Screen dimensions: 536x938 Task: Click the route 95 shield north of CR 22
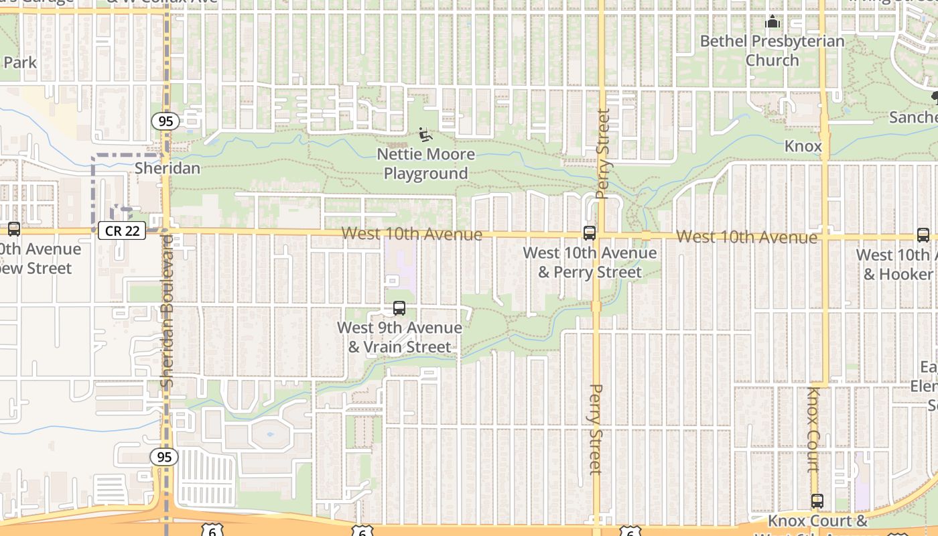click(164, 121)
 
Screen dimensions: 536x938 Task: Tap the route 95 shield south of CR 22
click(164, 457)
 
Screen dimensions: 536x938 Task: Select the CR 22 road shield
click(122, 230)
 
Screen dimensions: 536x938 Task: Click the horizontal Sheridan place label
click(167, 167)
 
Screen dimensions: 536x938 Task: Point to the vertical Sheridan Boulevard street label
click(167, 310)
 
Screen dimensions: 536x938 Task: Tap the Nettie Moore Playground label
click(425, 164)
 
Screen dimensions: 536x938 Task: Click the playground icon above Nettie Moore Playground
click(425, 135)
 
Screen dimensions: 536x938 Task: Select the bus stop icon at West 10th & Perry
click(590, 233)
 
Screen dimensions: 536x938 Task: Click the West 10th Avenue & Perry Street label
click(590, 263)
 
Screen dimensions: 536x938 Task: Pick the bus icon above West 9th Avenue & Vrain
click(399, 308)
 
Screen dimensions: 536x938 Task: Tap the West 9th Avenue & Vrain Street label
click(399, 338)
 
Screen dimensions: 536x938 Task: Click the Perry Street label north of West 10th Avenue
click(602, 154)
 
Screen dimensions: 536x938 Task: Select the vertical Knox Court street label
click(813, 429)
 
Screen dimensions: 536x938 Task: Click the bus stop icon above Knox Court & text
click(817, 500)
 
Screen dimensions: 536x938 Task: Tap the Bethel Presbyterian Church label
click(773, 51)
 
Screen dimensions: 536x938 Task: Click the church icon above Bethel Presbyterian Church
click(773, 23)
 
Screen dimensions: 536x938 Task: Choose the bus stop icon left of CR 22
click(13, 229)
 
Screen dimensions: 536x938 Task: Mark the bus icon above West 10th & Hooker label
click(923, 234)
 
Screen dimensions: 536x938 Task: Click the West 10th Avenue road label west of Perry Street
click(411, 234)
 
